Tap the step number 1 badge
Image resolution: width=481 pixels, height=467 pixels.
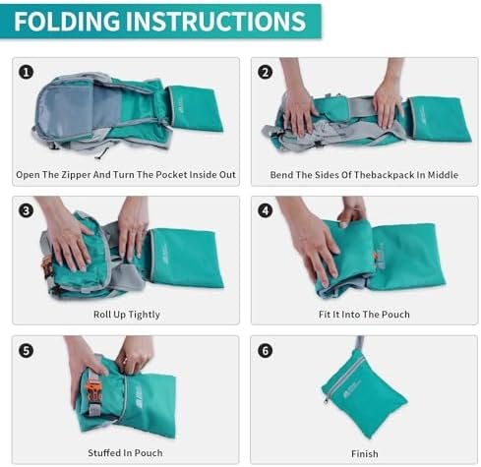(x=26, y=71)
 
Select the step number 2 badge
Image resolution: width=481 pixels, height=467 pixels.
(x=265, y=71)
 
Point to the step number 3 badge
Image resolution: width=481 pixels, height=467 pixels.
(x=26, y=210)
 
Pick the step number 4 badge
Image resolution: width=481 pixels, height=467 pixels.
(x=265, y=210)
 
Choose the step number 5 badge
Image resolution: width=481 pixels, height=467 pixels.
(x=26, y=350)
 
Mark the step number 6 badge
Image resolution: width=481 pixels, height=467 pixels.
(x=265, y=350)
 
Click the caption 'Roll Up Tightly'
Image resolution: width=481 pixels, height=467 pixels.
(x=125, y=315)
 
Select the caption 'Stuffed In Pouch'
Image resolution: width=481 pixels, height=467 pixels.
(x=125, y=453)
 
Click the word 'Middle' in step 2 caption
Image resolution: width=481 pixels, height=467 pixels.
(x=443, y=175)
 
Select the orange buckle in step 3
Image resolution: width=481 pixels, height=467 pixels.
(x=46, y=264)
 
